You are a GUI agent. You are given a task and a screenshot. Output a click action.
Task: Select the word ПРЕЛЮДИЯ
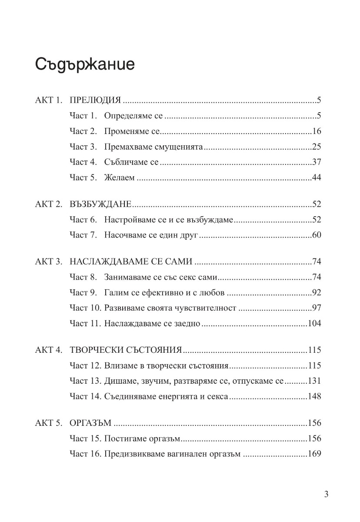(x=95, y=100)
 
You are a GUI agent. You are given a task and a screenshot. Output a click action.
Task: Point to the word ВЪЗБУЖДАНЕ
(x=100, y=204)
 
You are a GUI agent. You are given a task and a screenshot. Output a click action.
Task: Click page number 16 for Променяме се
(x=317, y=131)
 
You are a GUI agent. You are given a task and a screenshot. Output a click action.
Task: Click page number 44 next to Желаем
(x=317, y=178)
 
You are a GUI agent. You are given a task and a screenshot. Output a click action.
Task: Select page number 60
(x=317, y=235)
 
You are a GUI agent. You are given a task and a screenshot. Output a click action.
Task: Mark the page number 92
(x=317, y=293)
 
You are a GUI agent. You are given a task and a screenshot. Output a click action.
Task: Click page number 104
(x=314, y=324)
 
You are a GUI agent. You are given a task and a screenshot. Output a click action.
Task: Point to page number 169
(x=314, y=454)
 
